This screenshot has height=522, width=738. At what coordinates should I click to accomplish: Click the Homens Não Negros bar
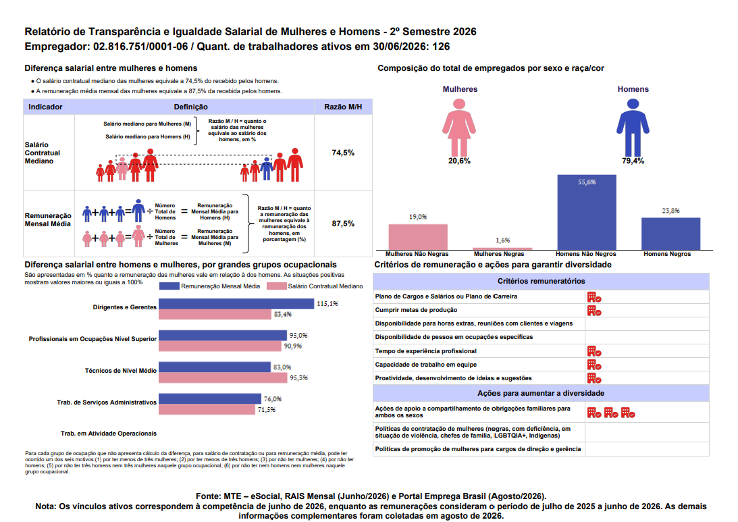point(587,212)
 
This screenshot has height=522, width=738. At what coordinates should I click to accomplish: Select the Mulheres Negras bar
point(502,249)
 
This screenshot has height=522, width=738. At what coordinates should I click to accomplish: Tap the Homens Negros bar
point(670,234)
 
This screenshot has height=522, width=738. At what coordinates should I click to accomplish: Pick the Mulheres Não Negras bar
point(418,237)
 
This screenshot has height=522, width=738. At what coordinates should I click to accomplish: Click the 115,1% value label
point(327,304)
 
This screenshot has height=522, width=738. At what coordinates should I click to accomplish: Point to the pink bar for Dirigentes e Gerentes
point(215,315)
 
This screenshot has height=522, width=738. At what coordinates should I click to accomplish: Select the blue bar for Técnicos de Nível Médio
point(215,367)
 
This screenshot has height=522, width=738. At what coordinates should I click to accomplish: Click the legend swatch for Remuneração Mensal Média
point(169,286)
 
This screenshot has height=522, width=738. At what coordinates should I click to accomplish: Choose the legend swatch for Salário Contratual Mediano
point(276,286)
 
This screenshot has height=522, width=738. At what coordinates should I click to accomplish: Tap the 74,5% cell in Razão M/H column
point(342,153)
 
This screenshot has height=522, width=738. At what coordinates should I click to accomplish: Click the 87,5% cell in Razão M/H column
point(342,224)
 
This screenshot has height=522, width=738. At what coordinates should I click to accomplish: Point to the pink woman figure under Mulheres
point(459,127)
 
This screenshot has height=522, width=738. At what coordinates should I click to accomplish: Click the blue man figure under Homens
point(633,127)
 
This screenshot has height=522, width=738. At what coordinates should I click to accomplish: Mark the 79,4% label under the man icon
point(633,161)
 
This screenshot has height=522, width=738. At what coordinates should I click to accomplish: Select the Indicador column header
point(45,107)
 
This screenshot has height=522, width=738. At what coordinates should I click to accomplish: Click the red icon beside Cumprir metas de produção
point(594,311)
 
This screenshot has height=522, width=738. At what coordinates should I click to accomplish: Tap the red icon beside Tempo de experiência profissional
point(594,352)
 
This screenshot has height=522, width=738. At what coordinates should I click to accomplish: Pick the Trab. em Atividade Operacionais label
point(109,434)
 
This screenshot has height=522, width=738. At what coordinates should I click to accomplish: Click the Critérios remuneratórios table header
point(542,281)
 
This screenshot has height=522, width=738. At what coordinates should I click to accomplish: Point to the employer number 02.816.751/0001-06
point(140,47)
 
